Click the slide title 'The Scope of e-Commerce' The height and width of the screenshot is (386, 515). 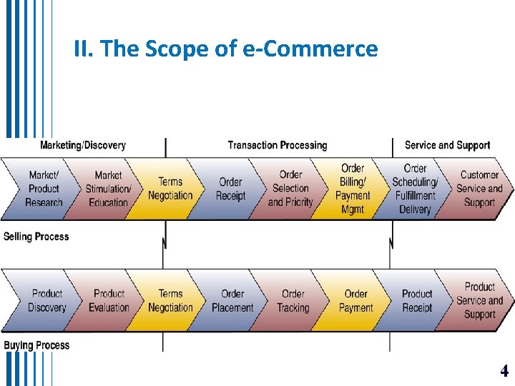click(225, 49)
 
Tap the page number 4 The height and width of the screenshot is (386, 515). click(504, 371)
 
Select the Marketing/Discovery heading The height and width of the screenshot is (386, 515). click(83, 145)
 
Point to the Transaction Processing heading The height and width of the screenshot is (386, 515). click(278, 145)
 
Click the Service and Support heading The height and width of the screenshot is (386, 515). click(447, 145)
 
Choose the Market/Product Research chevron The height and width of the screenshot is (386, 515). click(43, 189)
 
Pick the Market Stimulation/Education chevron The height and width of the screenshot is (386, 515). click(108, 189)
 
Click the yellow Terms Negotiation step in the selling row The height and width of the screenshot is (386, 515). click(170, 189)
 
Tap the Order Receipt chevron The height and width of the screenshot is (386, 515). click(230, 189)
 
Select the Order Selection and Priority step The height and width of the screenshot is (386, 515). click(290, 189)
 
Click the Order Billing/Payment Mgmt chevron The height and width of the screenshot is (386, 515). click(353, 189)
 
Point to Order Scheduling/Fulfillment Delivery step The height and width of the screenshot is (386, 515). click(415, 189)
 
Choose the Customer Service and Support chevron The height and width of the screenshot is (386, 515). click(479, 189)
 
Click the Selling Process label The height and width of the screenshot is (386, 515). click(36, 236)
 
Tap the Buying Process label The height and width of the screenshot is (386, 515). click(36, 345)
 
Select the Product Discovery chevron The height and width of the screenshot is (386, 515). click(46, 300)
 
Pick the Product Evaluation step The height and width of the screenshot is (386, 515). click(109, 300)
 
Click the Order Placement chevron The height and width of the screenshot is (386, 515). click(232, 300)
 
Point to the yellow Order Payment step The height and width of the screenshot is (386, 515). click(355, 300)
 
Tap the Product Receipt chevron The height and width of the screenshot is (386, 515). click(417, 300)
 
